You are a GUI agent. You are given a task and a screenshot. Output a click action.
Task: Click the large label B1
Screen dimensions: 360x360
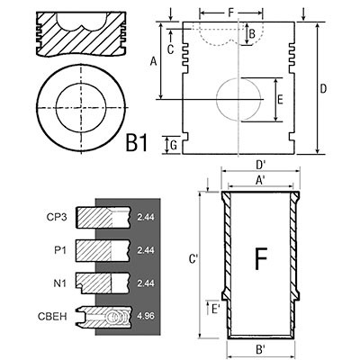[137, 143]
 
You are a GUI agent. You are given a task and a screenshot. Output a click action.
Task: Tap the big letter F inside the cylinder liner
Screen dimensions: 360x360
[261, 258]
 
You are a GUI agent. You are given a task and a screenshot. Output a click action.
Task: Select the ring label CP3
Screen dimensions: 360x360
[57, 217]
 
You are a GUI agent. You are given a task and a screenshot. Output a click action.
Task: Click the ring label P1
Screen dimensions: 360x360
[60, 250]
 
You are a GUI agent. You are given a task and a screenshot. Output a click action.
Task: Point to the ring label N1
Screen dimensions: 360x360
[59, 283]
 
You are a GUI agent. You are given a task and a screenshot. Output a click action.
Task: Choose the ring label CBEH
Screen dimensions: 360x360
[52, 317]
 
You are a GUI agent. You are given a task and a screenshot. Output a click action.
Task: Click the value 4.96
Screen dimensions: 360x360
[146, 316]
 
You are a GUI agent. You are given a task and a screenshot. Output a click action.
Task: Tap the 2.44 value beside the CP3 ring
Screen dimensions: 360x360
[146, 217]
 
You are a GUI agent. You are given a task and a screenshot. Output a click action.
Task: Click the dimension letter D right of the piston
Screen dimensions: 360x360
[323, 89]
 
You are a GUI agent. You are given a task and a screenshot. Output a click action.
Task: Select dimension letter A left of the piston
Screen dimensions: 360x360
[153, 62]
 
